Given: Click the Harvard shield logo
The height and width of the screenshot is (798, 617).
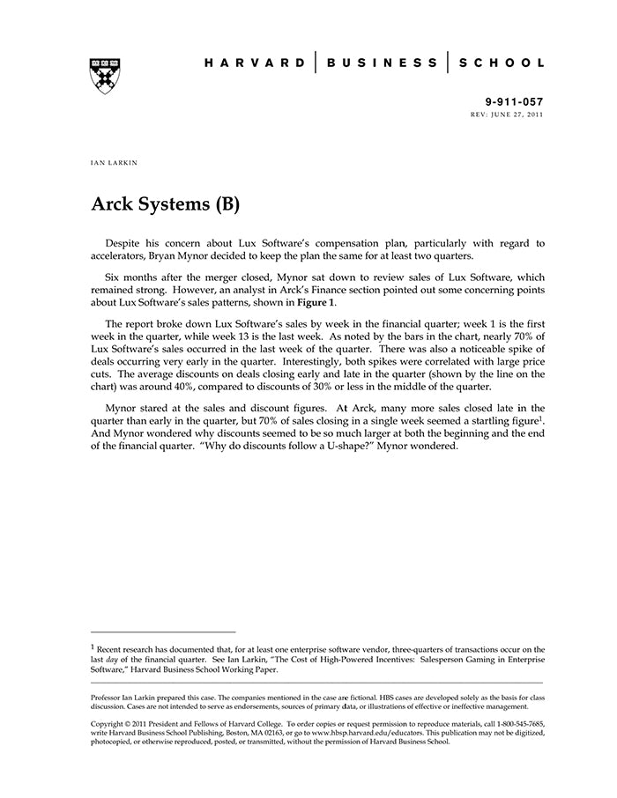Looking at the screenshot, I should pyautogui.click(x=105, y=76).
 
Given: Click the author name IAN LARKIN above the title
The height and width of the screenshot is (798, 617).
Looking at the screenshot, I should pyautogui.click(x=115, y=164).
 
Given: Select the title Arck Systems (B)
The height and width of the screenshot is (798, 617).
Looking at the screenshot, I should pyautogui.click(x=165, y=204).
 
